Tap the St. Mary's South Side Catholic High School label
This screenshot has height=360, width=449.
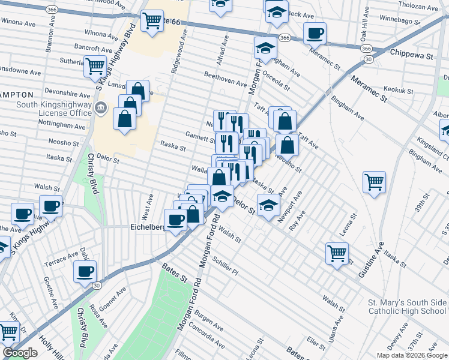click(408, 306)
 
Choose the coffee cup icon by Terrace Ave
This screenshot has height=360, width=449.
click(85, 271)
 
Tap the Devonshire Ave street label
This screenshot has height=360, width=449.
click(67, 94)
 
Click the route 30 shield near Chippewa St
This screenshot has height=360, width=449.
click(369, 59)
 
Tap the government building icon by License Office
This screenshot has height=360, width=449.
click(101, 109)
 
